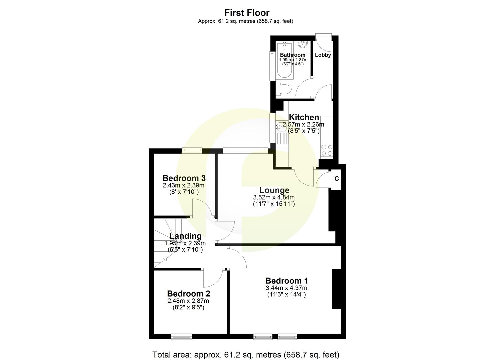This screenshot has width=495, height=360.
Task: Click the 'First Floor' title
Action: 247,13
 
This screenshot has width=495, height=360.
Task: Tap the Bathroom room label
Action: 292,55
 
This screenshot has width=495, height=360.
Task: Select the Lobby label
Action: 323,55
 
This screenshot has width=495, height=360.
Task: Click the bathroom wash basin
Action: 303,44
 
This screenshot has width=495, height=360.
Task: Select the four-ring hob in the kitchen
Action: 326,150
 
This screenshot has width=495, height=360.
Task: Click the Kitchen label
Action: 304,117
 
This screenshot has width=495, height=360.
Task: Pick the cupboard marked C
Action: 336,179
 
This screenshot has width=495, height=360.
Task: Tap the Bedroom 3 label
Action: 184,178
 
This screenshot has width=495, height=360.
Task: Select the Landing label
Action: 185,236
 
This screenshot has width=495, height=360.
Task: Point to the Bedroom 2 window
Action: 182,337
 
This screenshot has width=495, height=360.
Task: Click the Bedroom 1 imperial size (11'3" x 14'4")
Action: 286,295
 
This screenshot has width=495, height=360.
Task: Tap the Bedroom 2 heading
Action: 188,294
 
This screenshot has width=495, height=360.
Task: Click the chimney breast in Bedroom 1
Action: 336,289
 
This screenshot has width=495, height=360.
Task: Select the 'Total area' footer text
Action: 246,354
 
